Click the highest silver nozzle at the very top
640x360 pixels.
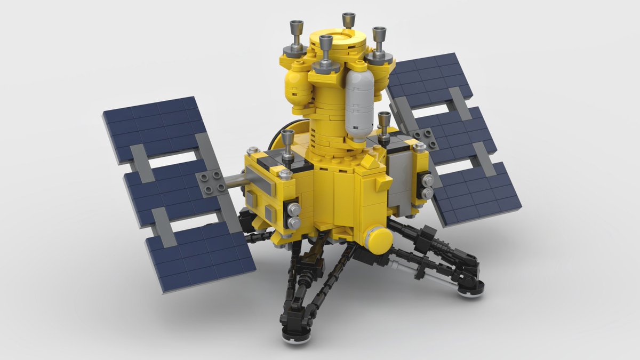pos(349,20)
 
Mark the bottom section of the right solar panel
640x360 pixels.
pos(475,197)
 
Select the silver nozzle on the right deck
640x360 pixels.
pos(384,125)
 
